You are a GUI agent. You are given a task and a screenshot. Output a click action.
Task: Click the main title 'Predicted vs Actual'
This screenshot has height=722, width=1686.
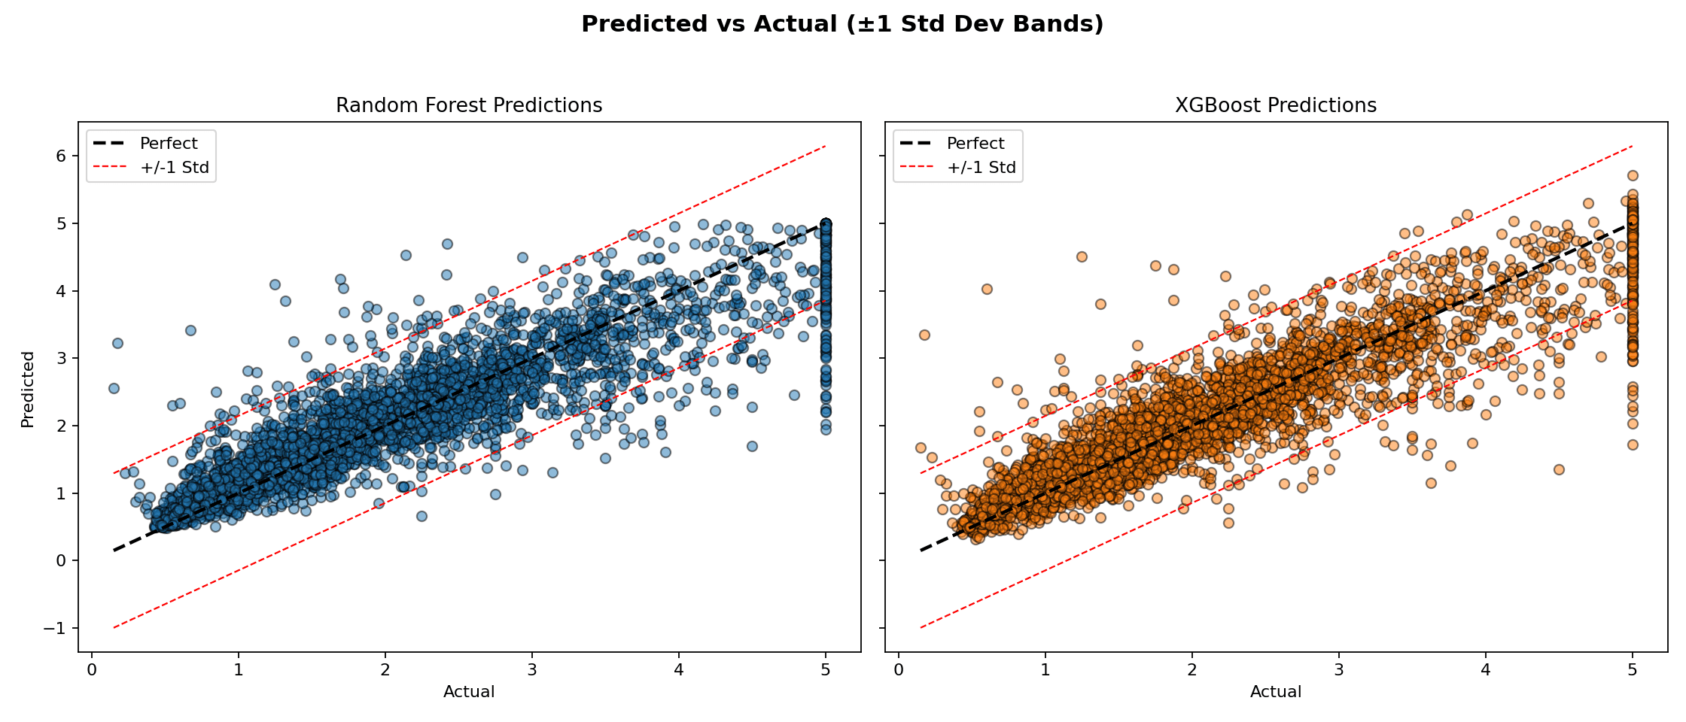pos(842,24)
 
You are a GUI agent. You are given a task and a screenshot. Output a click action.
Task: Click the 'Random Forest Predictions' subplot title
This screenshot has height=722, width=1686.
pos(469,105)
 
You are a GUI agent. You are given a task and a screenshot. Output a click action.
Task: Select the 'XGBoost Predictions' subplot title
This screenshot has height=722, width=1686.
pos(1276,105)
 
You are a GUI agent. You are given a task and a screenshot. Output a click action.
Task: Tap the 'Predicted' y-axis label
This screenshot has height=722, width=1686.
pos(28,389)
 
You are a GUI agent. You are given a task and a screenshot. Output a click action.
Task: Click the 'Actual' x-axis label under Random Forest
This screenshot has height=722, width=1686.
pos(469,691)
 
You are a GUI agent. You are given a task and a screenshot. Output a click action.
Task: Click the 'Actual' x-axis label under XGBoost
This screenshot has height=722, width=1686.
pos(1276,691)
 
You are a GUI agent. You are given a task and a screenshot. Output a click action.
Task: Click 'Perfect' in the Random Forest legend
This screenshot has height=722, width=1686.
pos(169,143)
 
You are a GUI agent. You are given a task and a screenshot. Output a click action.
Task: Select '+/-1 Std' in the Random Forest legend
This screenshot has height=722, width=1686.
pos(175,167)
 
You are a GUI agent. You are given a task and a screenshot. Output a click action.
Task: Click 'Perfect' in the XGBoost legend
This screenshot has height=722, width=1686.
pos(975,143)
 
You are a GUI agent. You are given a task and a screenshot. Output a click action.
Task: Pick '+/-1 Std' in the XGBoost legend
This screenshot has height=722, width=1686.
pos(981,167)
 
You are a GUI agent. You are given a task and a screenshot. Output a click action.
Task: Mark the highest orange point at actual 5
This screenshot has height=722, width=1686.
pos(1633,175)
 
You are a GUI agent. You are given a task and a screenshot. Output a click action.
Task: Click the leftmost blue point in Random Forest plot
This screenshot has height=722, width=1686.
pos(114,388)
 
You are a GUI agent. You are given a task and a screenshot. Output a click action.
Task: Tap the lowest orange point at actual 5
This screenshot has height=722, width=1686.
pos(1633,444)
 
